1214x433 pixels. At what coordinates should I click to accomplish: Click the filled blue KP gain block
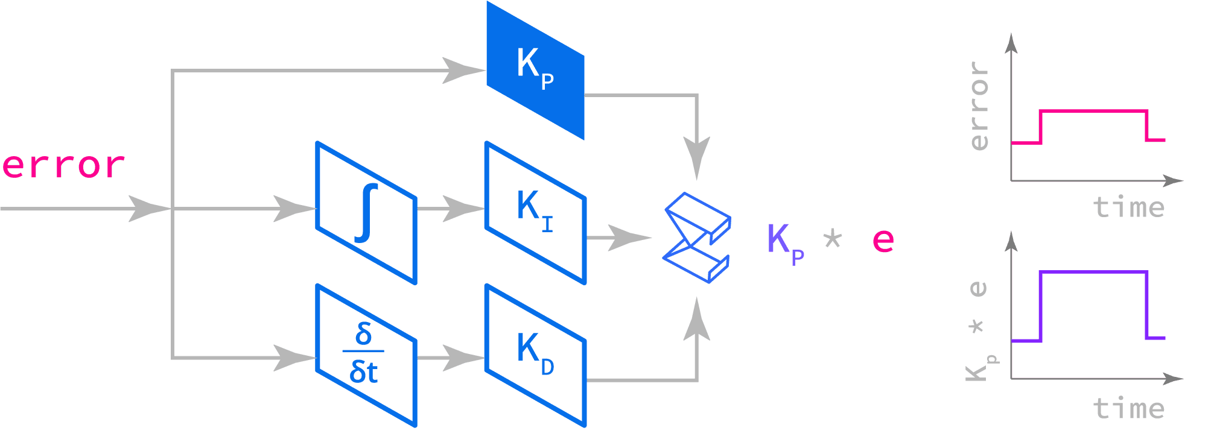pos(535,71)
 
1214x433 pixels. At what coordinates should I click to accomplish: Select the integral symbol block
pos(366,213)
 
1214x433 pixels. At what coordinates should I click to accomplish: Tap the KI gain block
pos(535,213)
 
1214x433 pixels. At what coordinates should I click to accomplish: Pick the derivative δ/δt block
pos(366,356)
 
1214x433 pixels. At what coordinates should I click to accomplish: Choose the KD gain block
pos(535,356)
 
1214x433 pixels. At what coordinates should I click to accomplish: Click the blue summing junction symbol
pos(698,238)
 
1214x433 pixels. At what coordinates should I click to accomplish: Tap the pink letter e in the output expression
pos(883,240)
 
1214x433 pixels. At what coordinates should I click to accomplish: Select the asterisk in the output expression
pos(833,239)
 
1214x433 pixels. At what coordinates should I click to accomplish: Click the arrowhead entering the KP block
pos(462,71)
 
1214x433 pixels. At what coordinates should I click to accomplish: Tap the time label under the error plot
pos(1128,207)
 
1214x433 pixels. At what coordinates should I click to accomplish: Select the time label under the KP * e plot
pos(1128,408)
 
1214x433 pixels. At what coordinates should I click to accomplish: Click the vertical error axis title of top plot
pos(979,106)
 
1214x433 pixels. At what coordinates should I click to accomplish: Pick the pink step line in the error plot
pos(1092,111)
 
